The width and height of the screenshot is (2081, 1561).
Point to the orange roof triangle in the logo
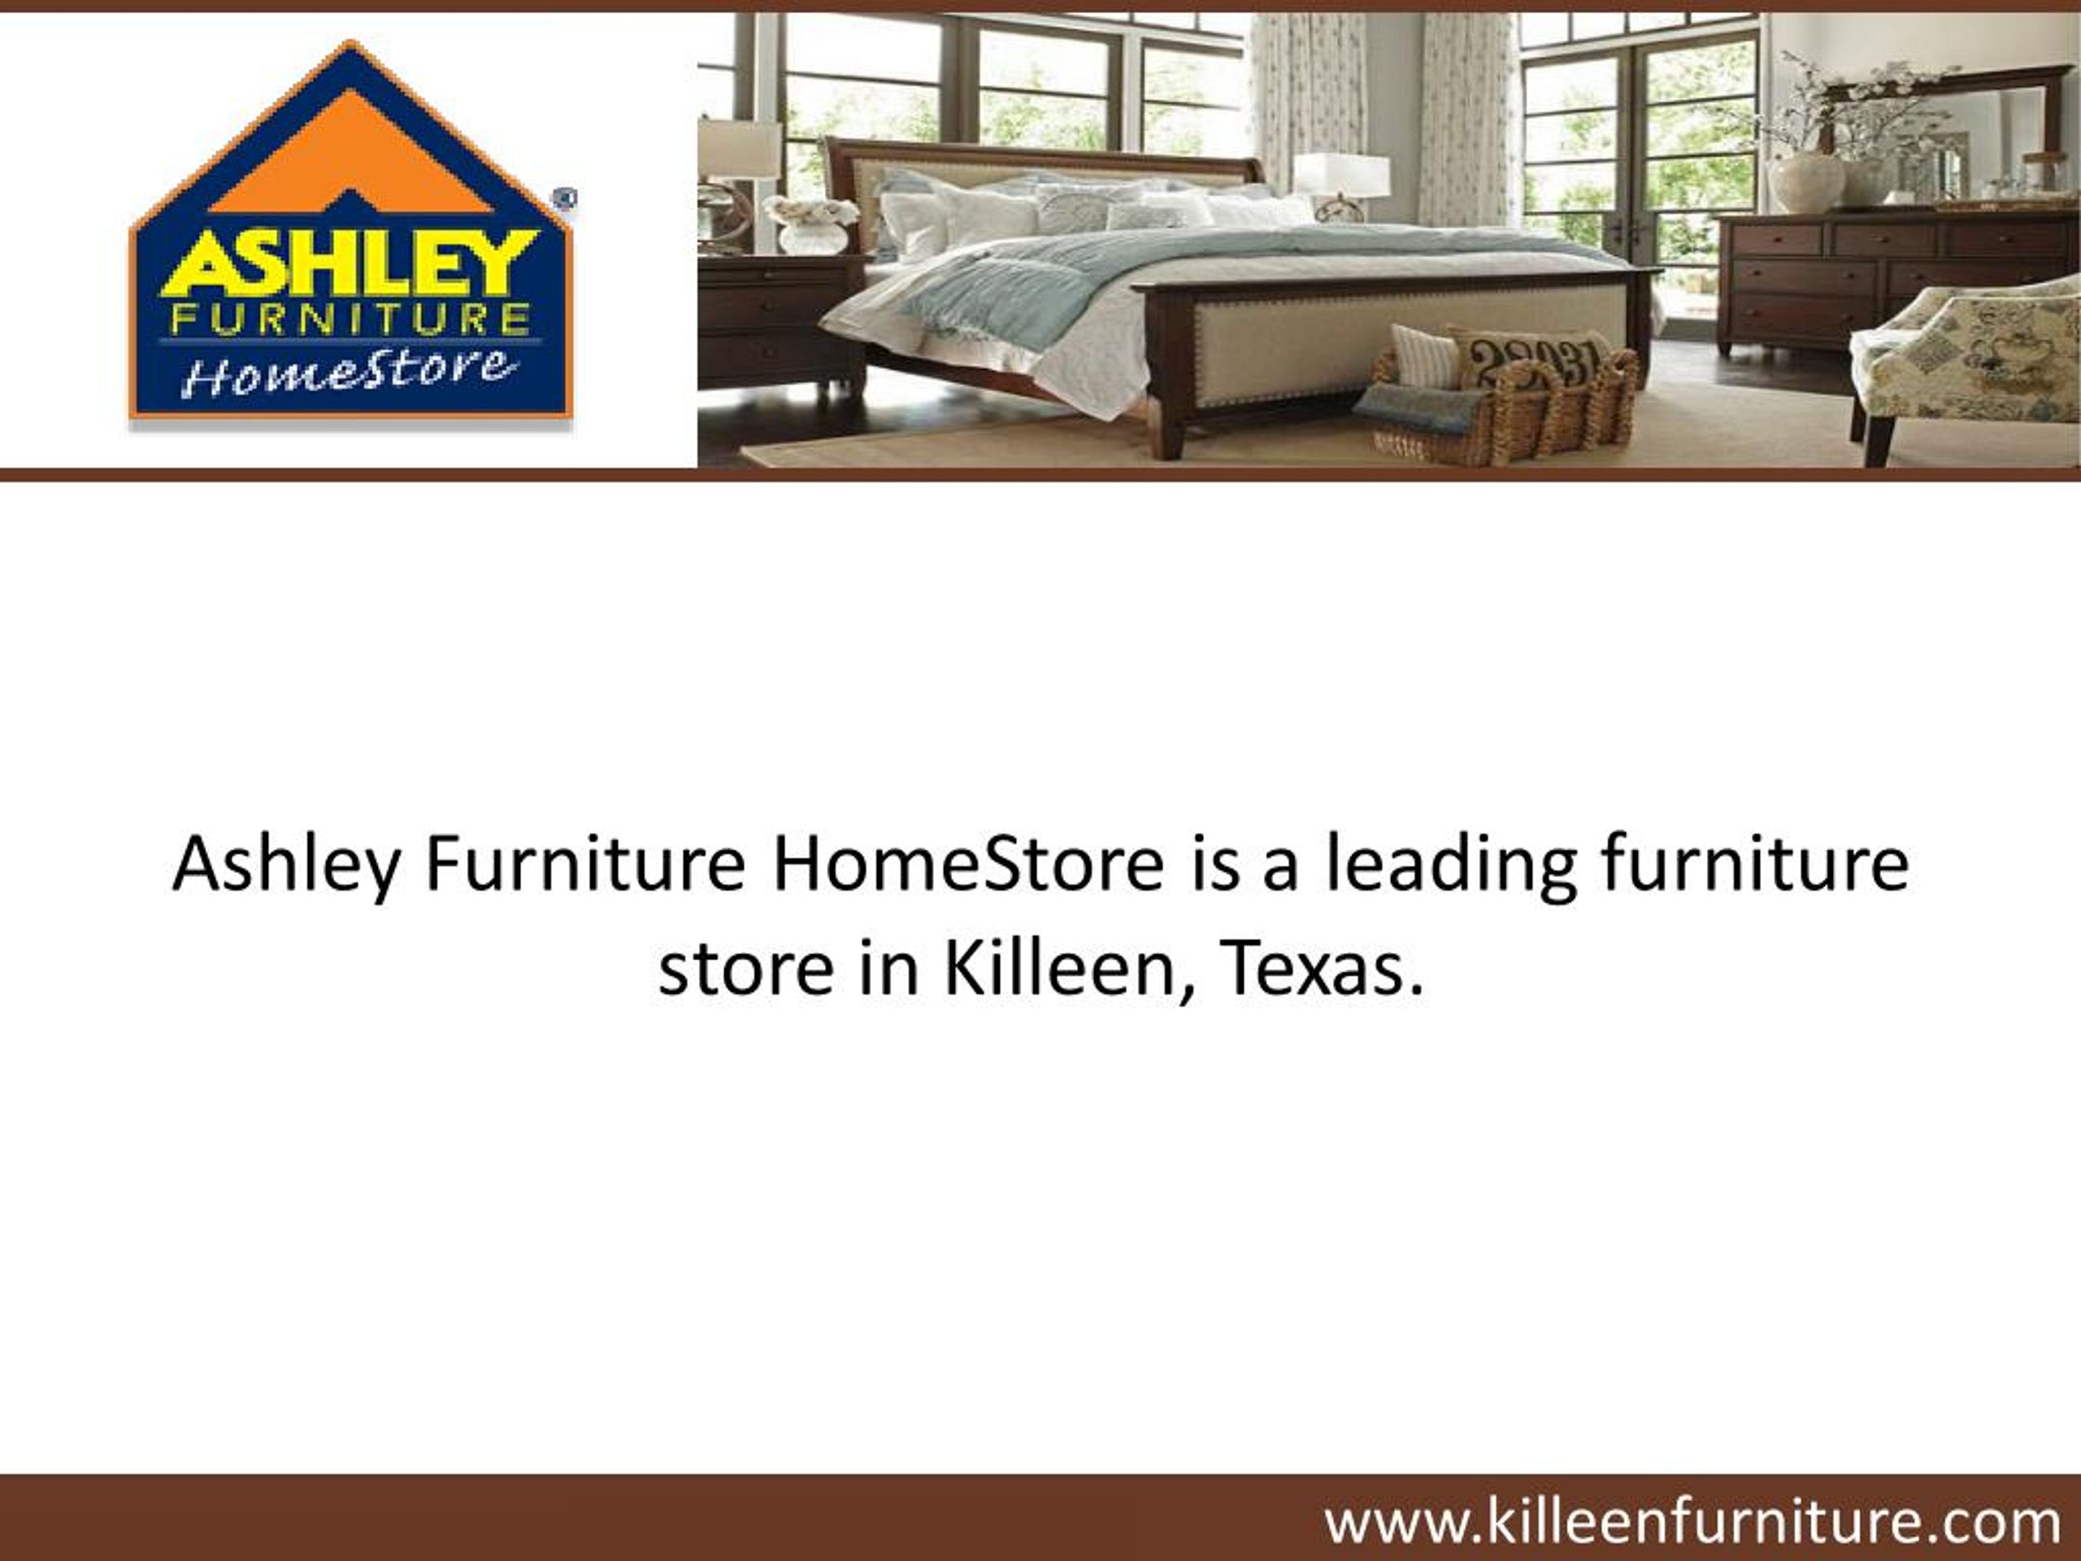point(350,150)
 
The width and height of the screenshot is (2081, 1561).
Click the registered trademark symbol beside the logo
point(566,198)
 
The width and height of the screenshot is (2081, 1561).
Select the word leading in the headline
point(1449,863)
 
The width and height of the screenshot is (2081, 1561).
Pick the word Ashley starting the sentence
point(286,863)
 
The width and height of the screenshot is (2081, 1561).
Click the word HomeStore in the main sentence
point(968,863)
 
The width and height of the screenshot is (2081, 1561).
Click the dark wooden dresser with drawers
point(1844,277)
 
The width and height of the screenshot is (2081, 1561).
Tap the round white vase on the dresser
point(1806,180)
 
